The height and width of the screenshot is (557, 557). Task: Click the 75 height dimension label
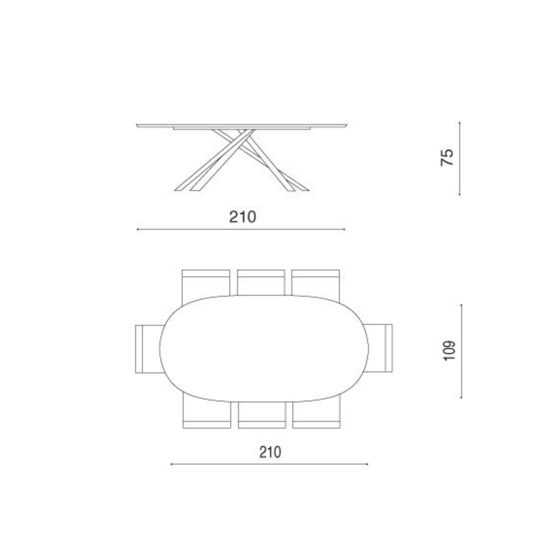tap(447, 157)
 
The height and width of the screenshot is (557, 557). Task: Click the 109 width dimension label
tap(449, 350)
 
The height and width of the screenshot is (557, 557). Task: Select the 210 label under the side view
tap(243, 217)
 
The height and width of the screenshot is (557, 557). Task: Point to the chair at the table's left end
tap(148, 349)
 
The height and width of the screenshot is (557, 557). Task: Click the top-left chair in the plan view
tap(206, 284)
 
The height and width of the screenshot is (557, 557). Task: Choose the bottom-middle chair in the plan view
tap(262, 415)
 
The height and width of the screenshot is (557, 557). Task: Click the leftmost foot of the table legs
tap(179, 190)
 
